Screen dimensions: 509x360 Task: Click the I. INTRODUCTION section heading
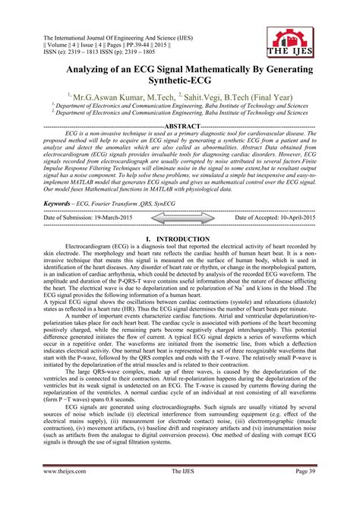point(180,239)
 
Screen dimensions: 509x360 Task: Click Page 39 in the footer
point(301,492)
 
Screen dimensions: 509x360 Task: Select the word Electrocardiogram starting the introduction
point(90,248)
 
